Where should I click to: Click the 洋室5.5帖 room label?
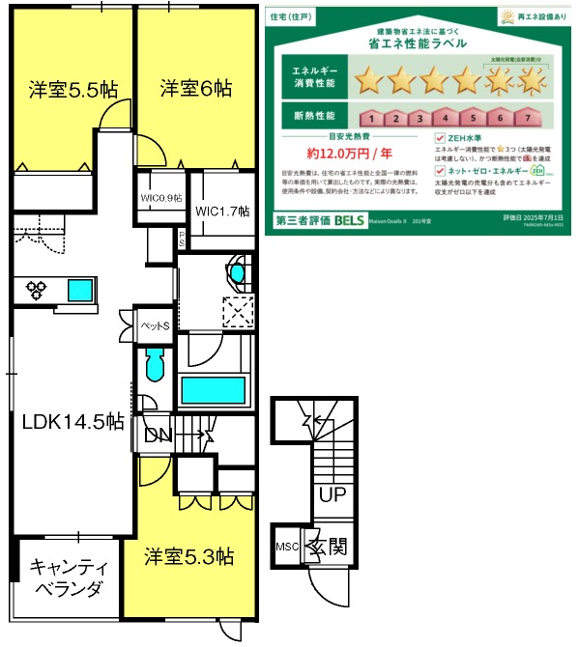coord(72,90)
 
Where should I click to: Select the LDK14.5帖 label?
coord(73,421)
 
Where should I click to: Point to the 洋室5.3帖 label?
coord(190,556)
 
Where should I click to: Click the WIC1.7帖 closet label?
coord(222,211)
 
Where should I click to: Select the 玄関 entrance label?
coord(328,548)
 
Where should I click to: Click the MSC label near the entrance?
coord(288,546)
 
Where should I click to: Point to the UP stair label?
coord(331,497)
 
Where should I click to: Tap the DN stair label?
coord(157,436)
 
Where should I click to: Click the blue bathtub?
coord(213,391)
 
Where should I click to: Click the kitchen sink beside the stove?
coord(79,288)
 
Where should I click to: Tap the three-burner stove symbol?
coord(38,288)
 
